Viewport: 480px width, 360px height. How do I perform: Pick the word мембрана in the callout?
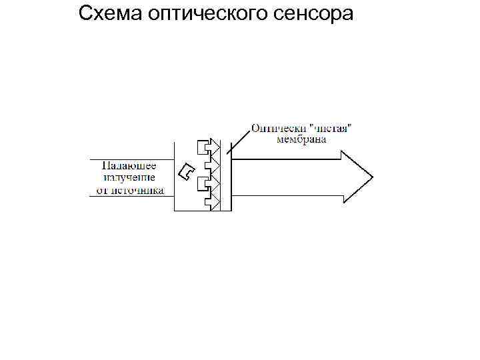click(x=302, y=139)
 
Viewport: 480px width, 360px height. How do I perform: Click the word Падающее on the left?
click(x=129, y=166)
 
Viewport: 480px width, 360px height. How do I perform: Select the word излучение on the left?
click(x=129, y=177)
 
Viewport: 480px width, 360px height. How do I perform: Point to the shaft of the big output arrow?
click(x=287, y=177)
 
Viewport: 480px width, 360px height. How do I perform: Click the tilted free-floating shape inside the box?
click(x=188, y=171)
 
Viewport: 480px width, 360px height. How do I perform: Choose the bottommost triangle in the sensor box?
click(x=215, y=201)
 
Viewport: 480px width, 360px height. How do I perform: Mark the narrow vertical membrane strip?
click(x=225, y=177)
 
